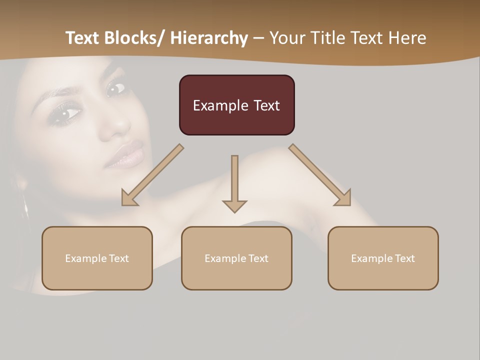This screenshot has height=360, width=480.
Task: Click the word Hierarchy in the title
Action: [209, 38]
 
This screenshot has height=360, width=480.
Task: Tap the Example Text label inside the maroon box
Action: [236, 105]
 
